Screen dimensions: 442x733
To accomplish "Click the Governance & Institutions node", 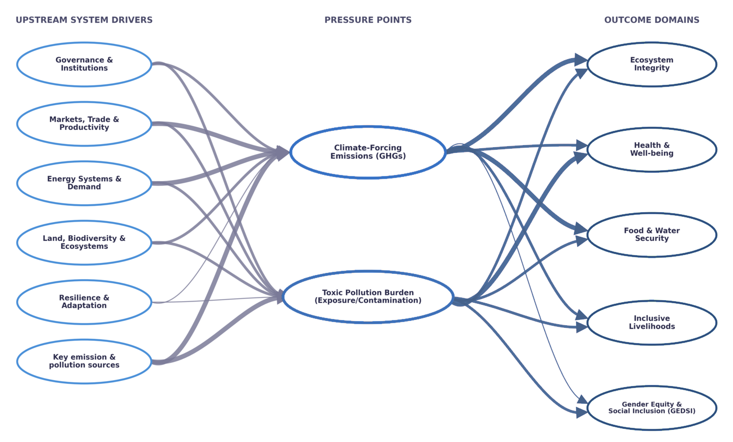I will (84, 64).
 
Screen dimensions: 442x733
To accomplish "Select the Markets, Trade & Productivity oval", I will (84, 124).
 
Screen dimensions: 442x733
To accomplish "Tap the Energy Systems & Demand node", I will (84, 183).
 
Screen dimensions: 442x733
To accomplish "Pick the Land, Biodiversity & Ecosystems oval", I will (84, 242).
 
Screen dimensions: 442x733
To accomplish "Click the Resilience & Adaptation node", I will (84, 302).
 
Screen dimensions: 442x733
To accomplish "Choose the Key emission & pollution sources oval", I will (84, 361).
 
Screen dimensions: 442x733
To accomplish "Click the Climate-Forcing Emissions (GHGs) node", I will (368, 152).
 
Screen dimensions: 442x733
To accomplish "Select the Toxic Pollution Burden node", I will (368, 296).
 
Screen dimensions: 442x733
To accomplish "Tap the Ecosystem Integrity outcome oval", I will (651, 64).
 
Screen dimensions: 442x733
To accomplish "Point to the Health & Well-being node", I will (651, 149).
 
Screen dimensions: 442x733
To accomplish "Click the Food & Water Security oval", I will (651, 235).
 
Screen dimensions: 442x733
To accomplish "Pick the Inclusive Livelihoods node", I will (651, 322).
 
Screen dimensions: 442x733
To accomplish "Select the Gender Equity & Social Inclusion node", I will (651, 407).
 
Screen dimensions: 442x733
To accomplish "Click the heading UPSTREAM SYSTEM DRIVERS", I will (84, 20).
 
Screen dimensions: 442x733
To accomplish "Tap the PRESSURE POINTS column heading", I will (368, 20).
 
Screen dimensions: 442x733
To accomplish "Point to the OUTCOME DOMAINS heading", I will (651, 20).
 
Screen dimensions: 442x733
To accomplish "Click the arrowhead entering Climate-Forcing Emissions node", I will (283, 152).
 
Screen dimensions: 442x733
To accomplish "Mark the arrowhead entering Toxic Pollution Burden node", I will (277, 297).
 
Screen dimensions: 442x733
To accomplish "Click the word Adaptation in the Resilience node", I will (84, 306).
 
